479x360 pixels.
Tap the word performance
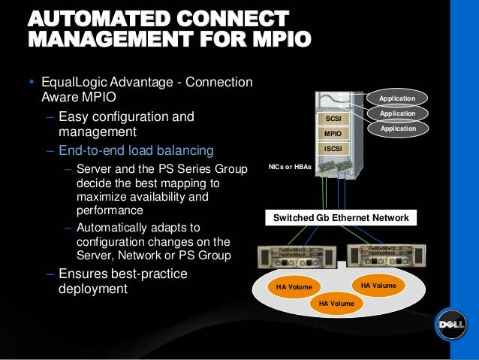110,210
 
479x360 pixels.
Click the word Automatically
121,225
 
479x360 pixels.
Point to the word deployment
92,289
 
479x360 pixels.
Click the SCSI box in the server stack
333,119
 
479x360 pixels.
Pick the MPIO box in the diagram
333,134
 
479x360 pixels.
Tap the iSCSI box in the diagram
333,149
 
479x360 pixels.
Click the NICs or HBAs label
290,165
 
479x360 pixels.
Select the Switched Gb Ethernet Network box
341,218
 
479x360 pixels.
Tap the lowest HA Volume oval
337,303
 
